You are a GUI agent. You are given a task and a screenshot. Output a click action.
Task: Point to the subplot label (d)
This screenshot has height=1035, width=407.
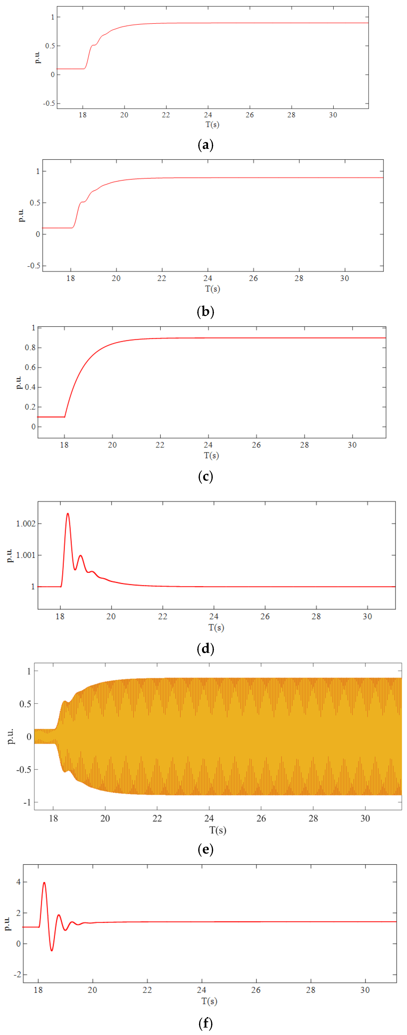tap(206, 649)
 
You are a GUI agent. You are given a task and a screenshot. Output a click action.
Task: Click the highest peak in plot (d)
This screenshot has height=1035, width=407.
tap(68, 513)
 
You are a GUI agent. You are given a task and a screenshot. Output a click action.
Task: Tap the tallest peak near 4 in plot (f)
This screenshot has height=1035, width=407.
tap(44, 883)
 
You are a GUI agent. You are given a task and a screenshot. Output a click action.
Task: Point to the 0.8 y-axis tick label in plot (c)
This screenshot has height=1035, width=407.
tap(30, 348)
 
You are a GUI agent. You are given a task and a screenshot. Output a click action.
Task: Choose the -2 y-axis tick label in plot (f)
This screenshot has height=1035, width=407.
tap(17, 975)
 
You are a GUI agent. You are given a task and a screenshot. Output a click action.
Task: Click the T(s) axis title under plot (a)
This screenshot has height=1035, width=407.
tap(212, 125)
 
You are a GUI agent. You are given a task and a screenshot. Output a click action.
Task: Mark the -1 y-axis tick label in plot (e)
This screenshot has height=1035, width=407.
tap(27, 802)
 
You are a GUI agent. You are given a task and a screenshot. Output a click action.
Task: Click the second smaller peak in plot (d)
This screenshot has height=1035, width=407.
tap(81, 556)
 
